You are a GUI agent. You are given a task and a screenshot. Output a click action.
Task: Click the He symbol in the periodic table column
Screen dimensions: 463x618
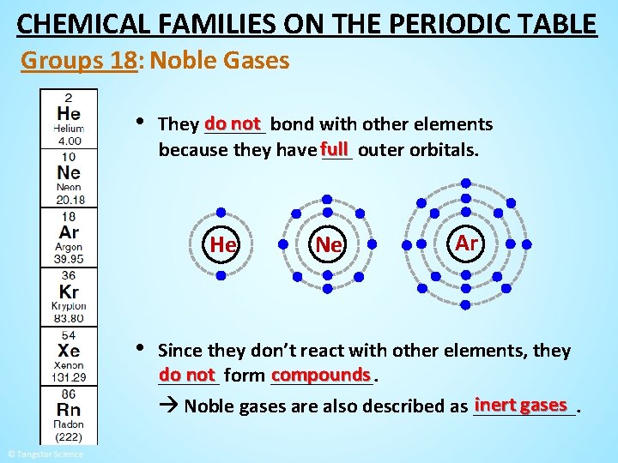click(x=69, y=114)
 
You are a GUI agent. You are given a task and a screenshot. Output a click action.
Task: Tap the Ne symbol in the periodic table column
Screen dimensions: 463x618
click(x=69, y=172)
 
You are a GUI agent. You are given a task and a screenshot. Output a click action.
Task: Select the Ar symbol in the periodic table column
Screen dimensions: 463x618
click(x=69, y=232)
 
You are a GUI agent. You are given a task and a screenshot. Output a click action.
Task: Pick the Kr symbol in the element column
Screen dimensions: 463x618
click(x=69, y=292)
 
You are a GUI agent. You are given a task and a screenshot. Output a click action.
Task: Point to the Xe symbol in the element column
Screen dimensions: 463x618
click(x=69, y=351)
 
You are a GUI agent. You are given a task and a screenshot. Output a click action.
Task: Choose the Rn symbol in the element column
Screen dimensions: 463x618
click(x=69, y=410)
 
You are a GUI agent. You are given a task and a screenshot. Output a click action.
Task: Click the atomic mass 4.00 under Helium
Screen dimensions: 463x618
click(x=69, y=141)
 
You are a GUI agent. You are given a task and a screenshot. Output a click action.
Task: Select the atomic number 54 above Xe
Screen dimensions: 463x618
click(x=69, y=335)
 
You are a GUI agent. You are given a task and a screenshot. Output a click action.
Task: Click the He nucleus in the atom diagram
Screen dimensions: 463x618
click(x=222, y=244)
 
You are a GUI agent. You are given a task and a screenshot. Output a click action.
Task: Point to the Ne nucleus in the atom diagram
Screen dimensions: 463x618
click(x=329, y=245)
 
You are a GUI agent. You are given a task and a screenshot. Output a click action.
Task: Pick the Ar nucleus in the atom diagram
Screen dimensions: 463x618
click(x=466, y=243)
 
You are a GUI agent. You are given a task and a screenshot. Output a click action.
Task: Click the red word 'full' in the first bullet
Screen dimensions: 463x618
click(x=335, y=147)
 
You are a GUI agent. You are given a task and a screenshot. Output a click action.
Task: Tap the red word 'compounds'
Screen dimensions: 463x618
click(x=320, y=375)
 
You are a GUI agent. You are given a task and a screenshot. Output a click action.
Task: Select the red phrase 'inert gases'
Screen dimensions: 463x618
click(x=521, y=404)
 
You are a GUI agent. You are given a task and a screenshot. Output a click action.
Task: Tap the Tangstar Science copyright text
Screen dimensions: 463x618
click(x=45, y=454)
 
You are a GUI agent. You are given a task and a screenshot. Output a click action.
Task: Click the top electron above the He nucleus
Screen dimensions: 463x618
click(x=221, y=212)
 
